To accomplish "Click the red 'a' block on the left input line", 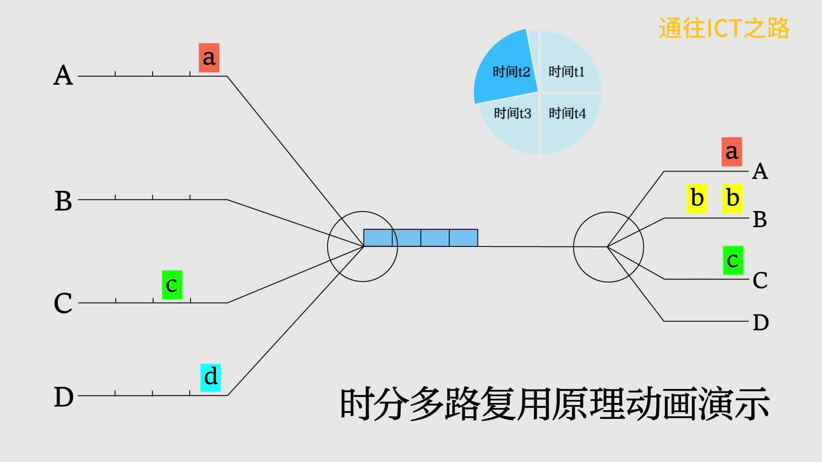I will (x=209, y=58).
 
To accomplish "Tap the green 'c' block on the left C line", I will (x=172, y=285).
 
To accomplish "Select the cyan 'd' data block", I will (x=211, y=377).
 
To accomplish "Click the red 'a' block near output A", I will (x=732, y=152).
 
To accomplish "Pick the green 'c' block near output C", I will (x=733, y=261).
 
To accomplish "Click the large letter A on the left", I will (x=63, y=76).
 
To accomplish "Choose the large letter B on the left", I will (x=63, y=201).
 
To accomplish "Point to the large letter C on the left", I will (x=63, y=303).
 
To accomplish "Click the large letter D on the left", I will (x=63, y=397).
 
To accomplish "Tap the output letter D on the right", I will (x=761, y=323).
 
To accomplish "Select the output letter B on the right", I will (x=760, y=219).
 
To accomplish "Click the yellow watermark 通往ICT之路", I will (x=724, y=28).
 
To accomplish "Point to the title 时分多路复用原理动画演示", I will (x=554, y=404).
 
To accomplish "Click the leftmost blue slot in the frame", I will (x=378, y=238).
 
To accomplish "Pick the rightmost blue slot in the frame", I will (x=464, y=238).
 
